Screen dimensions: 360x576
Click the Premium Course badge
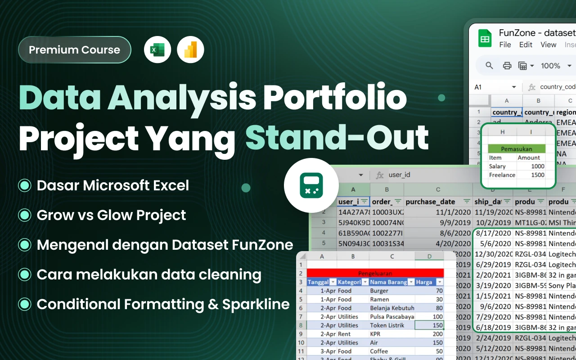75,50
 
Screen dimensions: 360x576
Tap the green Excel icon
157,49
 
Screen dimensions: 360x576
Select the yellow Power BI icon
190,49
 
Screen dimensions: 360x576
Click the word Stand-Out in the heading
337,138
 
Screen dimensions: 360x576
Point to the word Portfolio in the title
335,98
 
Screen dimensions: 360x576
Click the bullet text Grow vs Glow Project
111,215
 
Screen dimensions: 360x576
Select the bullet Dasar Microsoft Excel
113,185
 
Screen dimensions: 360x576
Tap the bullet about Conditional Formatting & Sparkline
163,304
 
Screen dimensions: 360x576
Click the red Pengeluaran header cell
375,273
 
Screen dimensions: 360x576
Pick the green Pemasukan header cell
517,148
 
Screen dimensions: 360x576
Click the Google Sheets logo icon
485,38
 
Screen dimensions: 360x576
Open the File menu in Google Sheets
505,45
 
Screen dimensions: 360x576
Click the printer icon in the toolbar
507,66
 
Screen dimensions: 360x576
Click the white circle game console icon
311,185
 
